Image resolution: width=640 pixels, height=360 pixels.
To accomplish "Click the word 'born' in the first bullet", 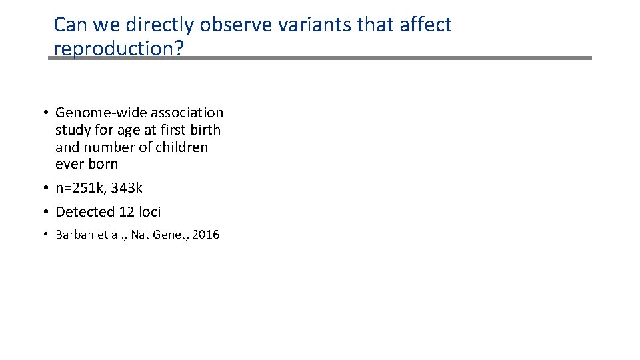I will click(x=103, y=164).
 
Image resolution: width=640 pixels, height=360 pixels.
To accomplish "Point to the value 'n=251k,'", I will click(x=81, y=189).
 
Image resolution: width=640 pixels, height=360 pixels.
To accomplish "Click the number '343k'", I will click(x=127, y=189).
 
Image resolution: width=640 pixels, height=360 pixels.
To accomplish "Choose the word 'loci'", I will click(x=150, y=212).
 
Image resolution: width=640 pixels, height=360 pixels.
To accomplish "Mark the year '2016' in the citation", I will click(x=205, y=235).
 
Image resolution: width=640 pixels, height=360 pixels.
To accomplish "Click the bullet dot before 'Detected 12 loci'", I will click(x=49, y=212).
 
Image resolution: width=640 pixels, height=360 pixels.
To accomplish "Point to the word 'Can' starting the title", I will click(x=67, y=25).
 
